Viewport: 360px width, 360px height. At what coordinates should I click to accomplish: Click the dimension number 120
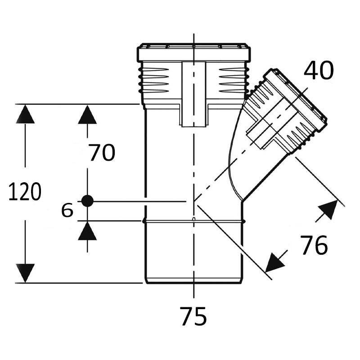[25, 192]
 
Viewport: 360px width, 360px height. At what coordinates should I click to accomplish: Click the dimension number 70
[102, 152]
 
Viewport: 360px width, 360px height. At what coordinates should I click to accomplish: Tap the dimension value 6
[67, 210]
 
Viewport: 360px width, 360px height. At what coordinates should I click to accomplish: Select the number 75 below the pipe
[193, 316]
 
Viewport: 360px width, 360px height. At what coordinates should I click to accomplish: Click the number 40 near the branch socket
[319, 70]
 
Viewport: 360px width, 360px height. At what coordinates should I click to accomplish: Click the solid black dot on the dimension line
[87, 201]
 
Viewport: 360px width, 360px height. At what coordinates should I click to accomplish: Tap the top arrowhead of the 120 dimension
[25, 114]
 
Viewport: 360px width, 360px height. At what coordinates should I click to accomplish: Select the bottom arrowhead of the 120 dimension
[25, 273]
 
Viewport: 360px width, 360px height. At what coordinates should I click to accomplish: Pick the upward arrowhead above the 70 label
[87, 115]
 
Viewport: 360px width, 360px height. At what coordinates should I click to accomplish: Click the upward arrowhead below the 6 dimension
[87, 231]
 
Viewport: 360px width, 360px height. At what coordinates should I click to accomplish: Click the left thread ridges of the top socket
[153, 80]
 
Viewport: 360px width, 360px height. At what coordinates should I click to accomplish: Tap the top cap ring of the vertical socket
[194, 52]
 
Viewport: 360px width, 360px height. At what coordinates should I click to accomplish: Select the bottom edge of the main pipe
[194, 283]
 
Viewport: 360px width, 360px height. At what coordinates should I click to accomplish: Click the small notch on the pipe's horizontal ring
[194, 219]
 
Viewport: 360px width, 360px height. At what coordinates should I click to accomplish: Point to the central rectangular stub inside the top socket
[194, 94]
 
